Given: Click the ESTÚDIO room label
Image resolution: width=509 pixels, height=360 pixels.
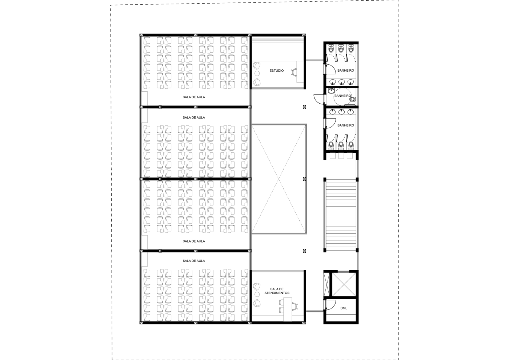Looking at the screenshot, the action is pos(277,71).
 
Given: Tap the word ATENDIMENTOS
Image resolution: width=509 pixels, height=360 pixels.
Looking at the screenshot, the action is pos(277,293).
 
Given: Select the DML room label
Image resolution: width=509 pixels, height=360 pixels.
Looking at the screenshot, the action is pos(344,308).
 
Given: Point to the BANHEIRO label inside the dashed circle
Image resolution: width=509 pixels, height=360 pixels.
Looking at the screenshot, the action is pos(342,96).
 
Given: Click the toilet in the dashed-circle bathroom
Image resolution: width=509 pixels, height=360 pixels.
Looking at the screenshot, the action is pos(353,99).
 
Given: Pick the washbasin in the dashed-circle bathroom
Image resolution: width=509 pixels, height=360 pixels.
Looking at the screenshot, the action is pos(331,91).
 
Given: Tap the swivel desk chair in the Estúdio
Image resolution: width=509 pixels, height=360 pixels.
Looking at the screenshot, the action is pos(294,72).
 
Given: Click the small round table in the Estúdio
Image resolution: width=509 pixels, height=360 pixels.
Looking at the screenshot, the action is pos(257,73).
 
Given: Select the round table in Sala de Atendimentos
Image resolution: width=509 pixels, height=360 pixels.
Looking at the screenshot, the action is pos(257,294).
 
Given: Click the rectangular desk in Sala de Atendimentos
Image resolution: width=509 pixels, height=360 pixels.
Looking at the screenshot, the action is pos(288,309).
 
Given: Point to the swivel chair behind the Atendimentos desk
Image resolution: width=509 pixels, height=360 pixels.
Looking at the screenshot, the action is pos(295,306).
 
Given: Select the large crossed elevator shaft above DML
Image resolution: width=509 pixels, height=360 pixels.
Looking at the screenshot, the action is pos(344,284).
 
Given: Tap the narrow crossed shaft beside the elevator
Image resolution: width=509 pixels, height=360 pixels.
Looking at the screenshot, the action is pos(327,284).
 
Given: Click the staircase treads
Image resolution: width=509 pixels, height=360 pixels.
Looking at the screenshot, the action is pos(341,215).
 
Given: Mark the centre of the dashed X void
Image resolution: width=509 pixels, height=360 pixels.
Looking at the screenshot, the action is pos(279,179).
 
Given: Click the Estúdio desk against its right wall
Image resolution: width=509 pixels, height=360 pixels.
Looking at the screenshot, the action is pos(300,72).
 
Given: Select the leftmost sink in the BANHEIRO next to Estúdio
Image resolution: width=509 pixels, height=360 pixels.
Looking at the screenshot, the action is pos(333,82).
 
